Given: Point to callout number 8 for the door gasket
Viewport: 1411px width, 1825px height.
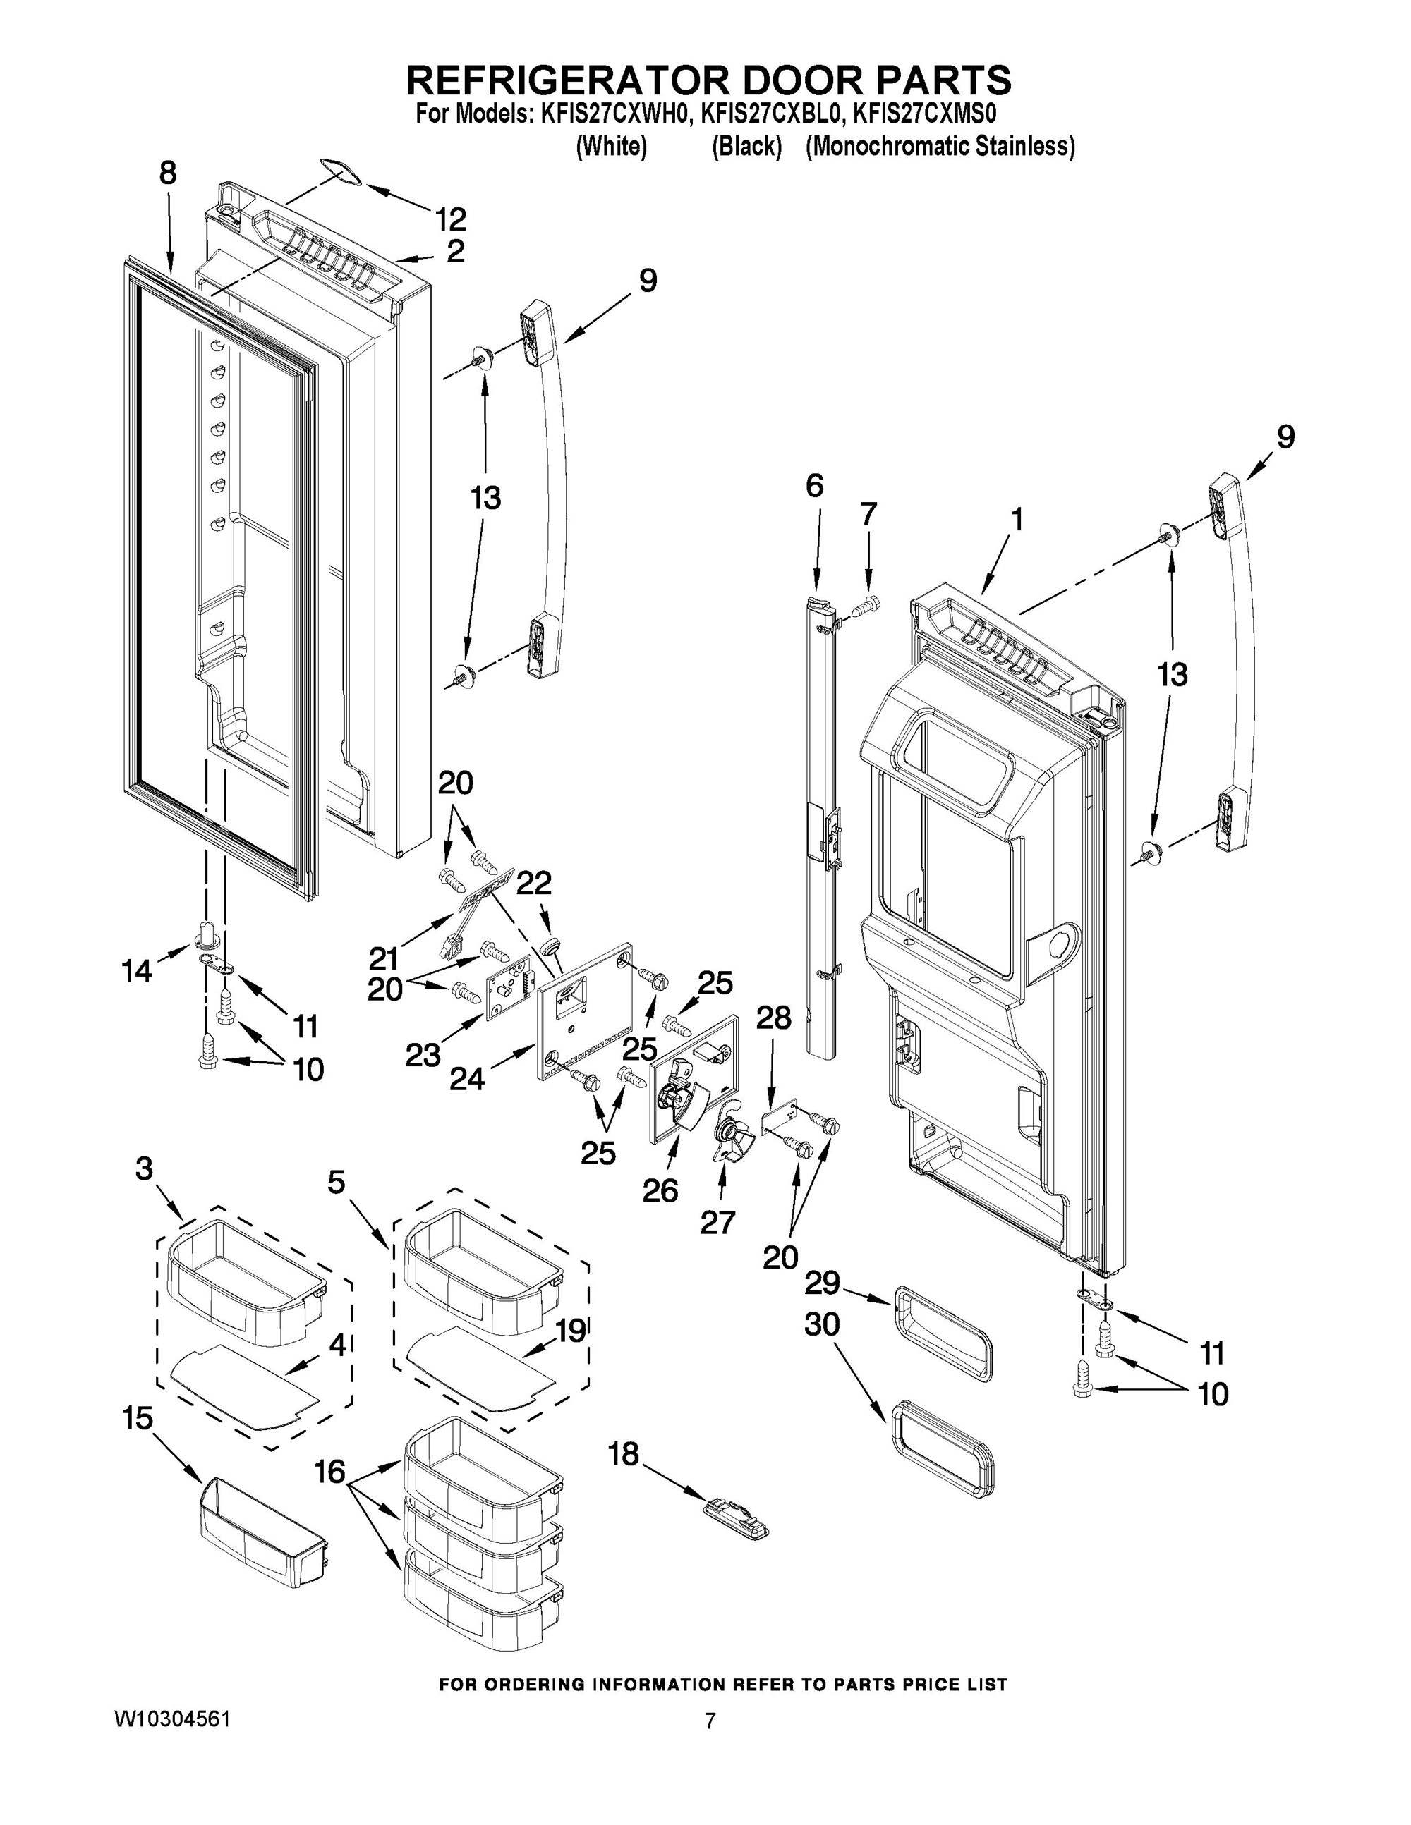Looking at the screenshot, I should click(x=167, y=173).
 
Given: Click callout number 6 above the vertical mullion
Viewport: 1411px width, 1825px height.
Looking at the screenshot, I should click(x=814, y=485).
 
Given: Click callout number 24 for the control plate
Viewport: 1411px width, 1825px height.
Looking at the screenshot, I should click(x=466, y=1080).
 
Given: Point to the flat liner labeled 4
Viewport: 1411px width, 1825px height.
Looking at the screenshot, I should click(x=243, y=1383).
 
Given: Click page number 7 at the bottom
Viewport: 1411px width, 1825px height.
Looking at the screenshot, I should click(x=710, y=1721).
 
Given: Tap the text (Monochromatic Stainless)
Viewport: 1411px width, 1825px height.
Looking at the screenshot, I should click(x=940, y=146).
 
